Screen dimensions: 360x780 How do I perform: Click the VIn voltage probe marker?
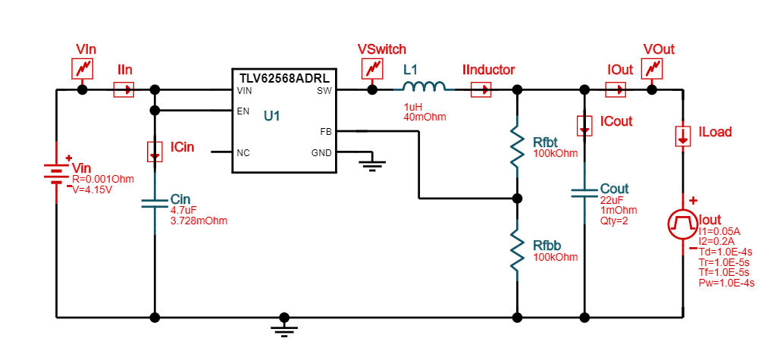pyautogui.click(x=83, y=69)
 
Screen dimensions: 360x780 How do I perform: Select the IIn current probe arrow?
pyautogui.click(x=124, y=89)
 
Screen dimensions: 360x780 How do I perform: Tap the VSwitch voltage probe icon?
pyautogui.click(x=372, y=69)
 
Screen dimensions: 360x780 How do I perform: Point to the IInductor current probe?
pyautogui.click(x=481, y=89)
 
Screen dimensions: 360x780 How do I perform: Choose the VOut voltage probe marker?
pyautogui.click(x=652, y=69)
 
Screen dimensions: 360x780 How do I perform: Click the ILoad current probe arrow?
pyautogui.click(x=682, y=136)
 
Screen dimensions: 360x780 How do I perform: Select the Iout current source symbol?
pyautogui.click(x=682, y=223)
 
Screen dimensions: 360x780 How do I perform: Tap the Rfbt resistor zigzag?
pyautogui.click(x=517, y=147)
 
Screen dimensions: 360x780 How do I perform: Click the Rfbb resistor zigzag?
pyautogui.click(x=517, y=252)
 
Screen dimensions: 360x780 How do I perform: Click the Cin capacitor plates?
pyautogui.click(x=155, y=204)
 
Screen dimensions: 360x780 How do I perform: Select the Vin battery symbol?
pyautogui.click(x=57, y=177)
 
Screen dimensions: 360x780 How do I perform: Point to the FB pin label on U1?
pyautogui.click(x=325, y=131)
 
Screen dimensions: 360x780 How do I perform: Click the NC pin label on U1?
pyautogui.click(x=243, y=152)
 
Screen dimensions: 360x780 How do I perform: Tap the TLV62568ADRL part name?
pyautogui.click(x=284, y=77)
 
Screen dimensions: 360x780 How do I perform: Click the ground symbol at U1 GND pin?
pyautogui.click(x=371, y=164)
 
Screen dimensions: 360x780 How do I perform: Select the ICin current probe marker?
pyautogui.click(x=155, y=151)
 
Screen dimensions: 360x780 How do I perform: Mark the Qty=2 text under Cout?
pyautogui.click(x=613, y=221)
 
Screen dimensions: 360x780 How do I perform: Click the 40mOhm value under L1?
pyautogui.click(x=424, y=117)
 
